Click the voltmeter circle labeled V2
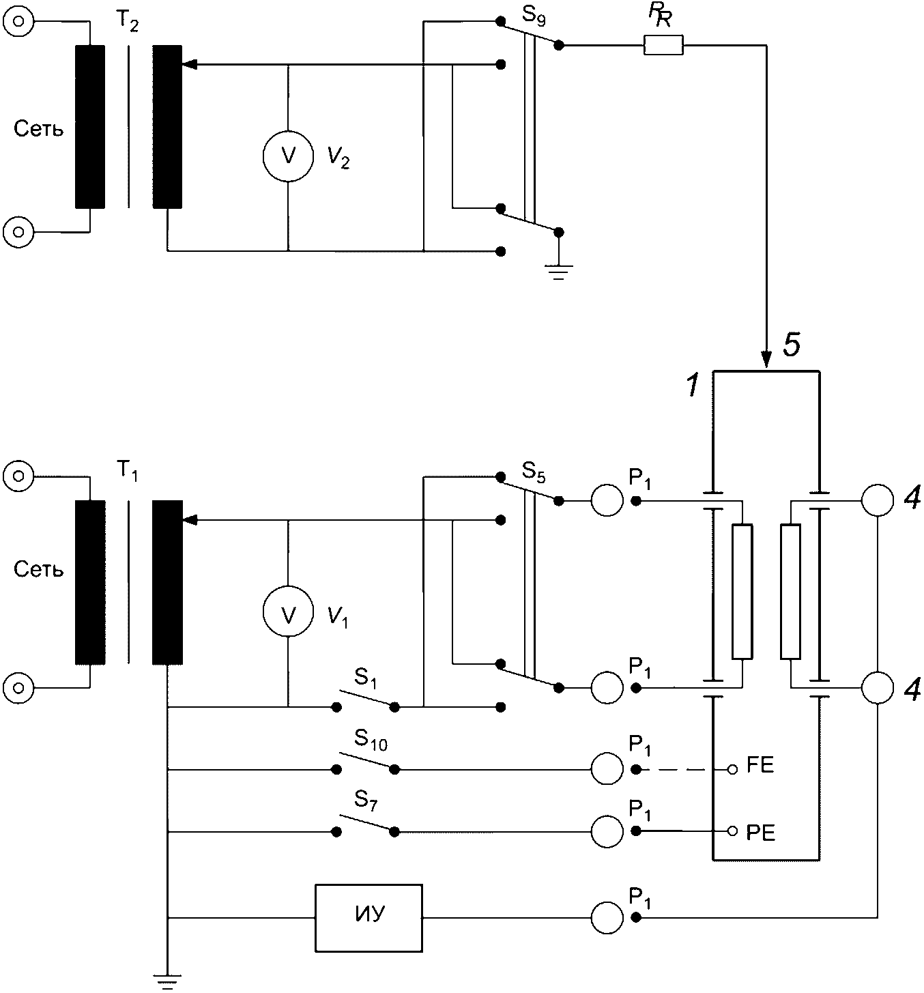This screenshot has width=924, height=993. pos(289,156)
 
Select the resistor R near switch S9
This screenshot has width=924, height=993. pos(663,46)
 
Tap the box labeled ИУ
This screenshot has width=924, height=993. pos(369,917)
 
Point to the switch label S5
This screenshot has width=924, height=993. pos(534,472)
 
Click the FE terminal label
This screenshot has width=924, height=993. pos(760,765)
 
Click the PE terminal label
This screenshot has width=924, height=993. pos(760,833)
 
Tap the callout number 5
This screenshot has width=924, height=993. pos(791,347)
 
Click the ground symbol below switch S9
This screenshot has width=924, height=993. pos(559,274)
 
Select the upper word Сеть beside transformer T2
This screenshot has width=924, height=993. pos(39,129)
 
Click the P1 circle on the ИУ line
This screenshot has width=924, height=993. pos(607,917)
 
